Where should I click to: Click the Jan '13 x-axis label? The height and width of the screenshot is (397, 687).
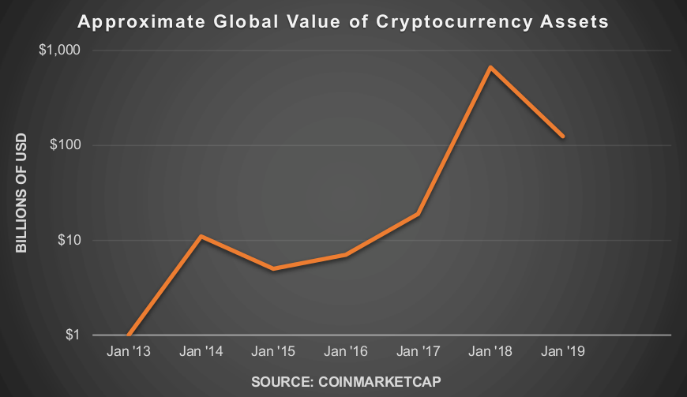tap(129, 350)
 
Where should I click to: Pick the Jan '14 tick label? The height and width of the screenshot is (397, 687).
tap(201, 350)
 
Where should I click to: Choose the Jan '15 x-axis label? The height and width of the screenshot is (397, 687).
tap(273, 350)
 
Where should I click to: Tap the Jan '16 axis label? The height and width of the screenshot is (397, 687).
tap(346, 350)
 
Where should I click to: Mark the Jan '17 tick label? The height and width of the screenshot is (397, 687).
tap(418, 350)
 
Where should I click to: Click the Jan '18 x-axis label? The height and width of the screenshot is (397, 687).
tap(490, 350)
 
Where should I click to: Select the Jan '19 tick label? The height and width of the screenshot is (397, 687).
tap(562, 350)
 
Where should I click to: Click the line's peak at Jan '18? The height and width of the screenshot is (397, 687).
tap(490, 68)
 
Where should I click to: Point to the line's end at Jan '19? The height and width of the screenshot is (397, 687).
tap(562, 137)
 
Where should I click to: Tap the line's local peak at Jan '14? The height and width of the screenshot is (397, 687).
tap(201, 237)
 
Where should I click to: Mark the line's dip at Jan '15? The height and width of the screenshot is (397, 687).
tap(273, 269)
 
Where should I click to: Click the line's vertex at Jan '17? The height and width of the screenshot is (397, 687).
tap(418, 214)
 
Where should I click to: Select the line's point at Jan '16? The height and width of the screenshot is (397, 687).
tap(346, 255)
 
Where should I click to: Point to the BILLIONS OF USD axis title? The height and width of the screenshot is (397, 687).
tap(21, 192)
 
